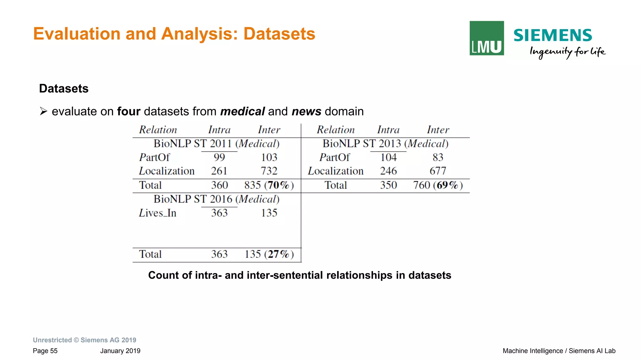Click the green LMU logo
[x=486, y=38]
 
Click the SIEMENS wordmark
[x=553, y=35]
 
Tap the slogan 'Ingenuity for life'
[x=567, y=52]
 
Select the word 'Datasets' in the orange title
[x=279, y=34]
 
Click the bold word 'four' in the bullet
[x=129, y=111]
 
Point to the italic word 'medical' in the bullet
[x=243, y=111]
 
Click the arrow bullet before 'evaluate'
[x=43, y=111]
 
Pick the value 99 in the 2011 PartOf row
[x=219, y=157]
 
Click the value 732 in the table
[x=269, y=171]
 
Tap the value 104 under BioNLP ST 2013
[x=388, y=157]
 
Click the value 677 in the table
[x=438, y=171]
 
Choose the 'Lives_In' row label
[x=158, y=213]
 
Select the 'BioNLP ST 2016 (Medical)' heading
[x=216, y=199]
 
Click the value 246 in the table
[x=388, y=171]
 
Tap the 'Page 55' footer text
[x=45, y=351]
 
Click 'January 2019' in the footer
[x=120, y=351]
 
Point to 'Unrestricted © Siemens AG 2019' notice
[x=85, y=340]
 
